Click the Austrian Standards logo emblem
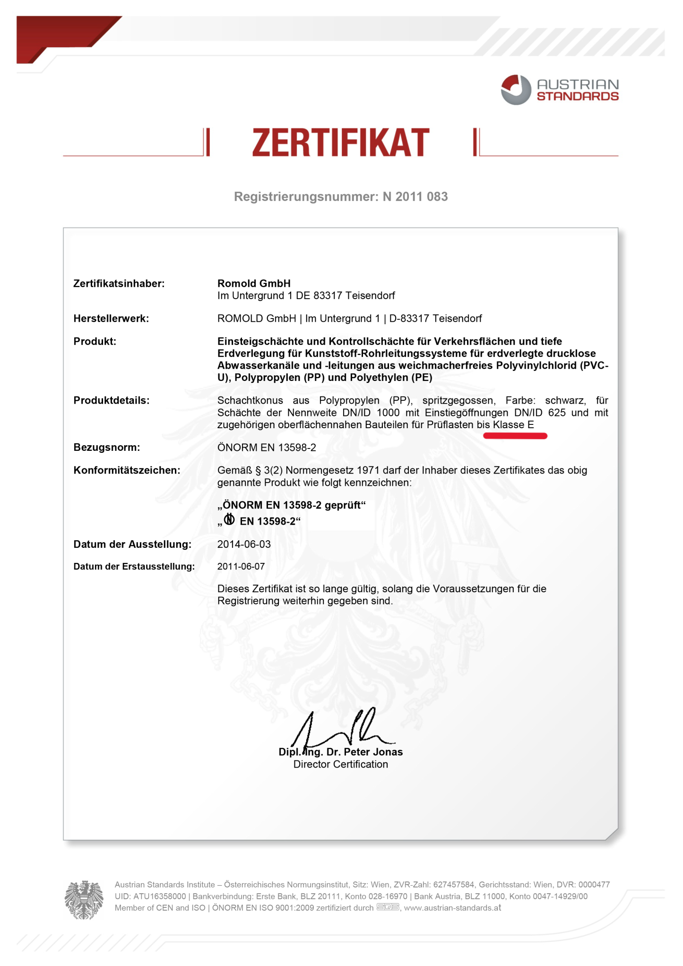point(516,90)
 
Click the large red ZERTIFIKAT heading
point(341,143)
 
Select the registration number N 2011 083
point(415,197)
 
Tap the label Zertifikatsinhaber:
point(119,284)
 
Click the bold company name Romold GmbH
point(254,284)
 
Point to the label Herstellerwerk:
point(111,319)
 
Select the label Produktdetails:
point(112,400)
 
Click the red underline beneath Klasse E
point(515,436)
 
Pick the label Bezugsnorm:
point(107,447)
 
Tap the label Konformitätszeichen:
point(127,470)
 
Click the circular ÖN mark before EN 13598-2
point(229,520)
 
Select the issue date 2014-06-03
point(244,544)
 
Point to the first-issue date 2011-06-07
point(241,566)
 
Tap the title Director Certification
point(340,764)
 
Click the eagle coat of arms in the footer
point(84,899)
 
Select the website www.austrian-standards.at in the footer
point(452,908)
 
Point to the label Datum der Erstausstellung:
point(134,566)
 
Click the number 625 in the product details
point(557,413)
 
